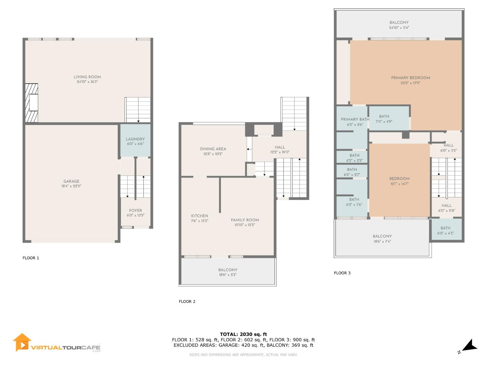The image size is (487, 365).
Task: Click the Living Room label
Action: click(87, 77)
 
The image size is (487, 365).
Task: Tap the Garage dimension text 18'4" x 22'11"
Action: click(71, 186)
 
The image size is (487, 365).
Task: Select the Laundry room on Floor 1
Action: click(135, 141)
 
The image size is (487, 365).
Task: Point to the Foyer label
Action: click(135, 211)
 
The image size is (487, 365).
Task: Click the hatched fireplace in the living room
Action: click(32, 103)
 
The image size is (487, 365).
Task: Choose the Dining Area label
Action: click(213, 149)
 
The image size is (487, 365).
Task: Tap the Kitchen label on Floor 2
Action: click(200, 216)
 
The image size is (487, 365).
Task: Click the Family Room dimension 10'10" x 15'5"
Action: click(245, 225)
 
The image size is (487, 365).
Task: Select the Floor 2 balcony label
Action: click(228, 270)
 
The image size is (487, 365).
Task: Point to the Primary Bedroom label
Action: click(411, 78)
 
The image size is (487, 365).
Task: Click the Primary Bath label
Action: click(355, 119)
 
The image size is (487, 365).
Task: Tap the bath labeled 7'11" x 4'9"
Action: click(384, 119)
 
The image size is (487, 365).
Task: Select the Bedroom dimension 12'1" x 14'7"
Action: click(399, 184)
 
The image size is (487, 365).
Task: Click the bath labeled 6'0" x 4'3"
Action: click(445, 230)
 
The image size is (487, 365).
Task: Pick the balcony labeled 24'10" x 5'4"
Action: click(399, 25)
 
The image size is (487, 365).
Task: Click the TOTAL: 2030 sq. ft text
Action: click(243, 334)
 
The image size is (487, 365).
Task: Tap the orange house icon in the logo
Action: click(22, 342)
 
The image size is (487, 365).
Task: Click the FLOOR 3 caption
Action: click(342, 273)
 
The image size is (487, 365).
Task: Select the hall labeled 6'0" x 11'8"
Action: click(446, 208)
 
